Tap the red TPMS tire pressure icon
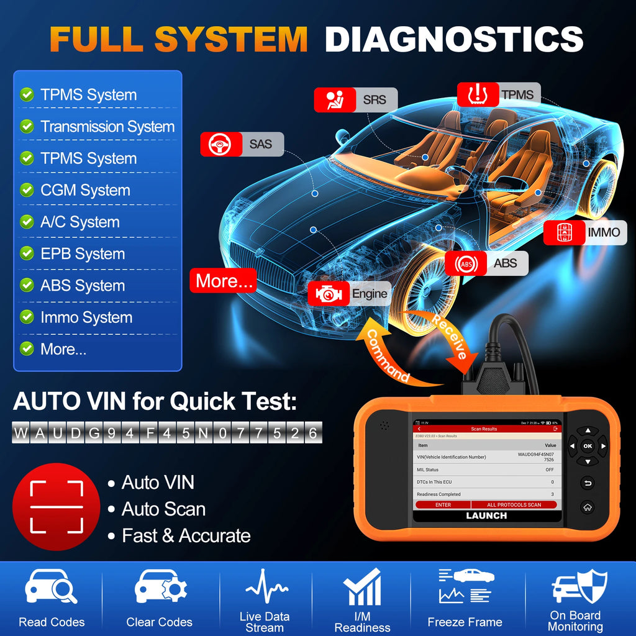(x=478, y=94)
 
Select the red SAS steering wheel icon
(x=220, y=144)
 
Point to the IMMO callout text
(x=603, y=232)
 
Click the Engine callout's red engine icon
(x=328, y=294)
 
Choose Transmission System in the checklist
(x=107, y=127)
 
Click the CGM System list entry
(x=85, y=190)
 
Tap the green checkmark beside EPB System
(x=27, y=253)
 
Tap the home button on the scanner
(x=587, y=507)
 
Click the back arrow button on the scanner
(x=587, y=483)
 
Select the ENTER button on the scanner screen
(x=443, y=505)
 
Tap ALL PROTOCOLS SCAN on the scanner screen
(x=514, y=505)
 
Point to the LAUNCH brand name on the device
(x=486, y=516)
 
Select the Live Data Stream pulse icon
(x=266, y=587)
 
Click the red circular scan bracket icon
(x=57, y=506)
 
